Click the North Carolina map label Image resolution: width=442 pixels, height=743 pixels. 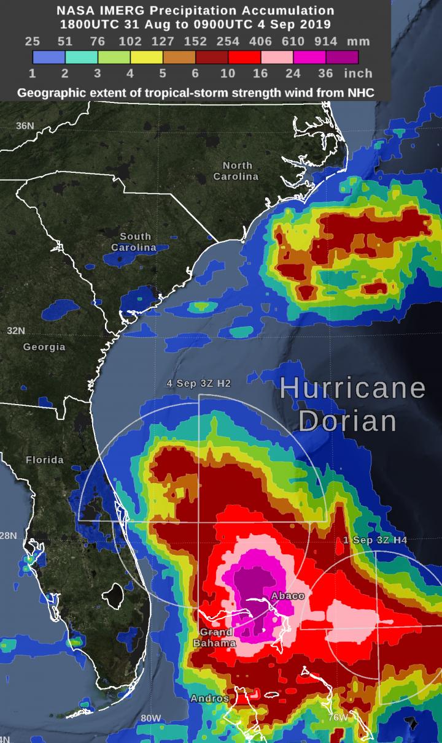coord(236,171)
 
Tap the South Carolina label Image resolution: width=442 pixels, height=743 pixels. coord(134,242)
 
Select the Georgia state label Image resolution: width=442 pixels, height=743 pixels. coord(44,347)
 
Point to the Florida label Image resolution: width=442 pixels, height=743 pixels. coord(44,460)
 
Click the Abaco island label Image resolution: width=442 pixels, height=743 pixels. coord(287,596)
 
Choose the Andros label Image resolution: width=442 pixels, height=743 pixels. coord(210,698)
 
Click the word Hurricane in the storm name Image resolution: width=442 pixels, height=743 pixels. coord(353,389)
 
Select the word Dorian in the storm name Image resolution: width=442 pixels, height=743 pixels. coord(349,421)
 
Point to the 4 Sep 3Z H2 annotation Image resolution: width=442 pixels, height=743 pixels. coord(199,383)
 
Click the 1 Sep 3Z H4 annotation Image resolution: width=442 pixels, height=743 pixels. coord(374,540)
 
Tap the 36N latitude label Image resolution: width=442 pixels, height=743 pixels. coord(25,126)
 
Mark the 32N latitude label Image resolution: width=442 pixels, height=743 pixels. coord(16,330)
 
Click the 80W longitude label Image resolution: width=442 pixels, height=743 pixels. coord(151,718)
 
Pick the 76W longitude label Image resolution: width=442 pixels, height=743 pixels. coord(337,717)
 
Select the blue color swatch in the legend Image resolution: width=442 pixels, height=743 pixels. coord(48,58)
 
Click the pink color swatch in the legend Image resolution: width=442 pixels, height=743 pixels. coord(277,58)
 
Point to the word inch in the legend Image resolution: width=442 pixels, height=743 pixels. coord(358,73)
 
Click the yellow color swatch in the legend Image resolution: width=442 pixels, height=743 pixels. coord(147,58)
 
